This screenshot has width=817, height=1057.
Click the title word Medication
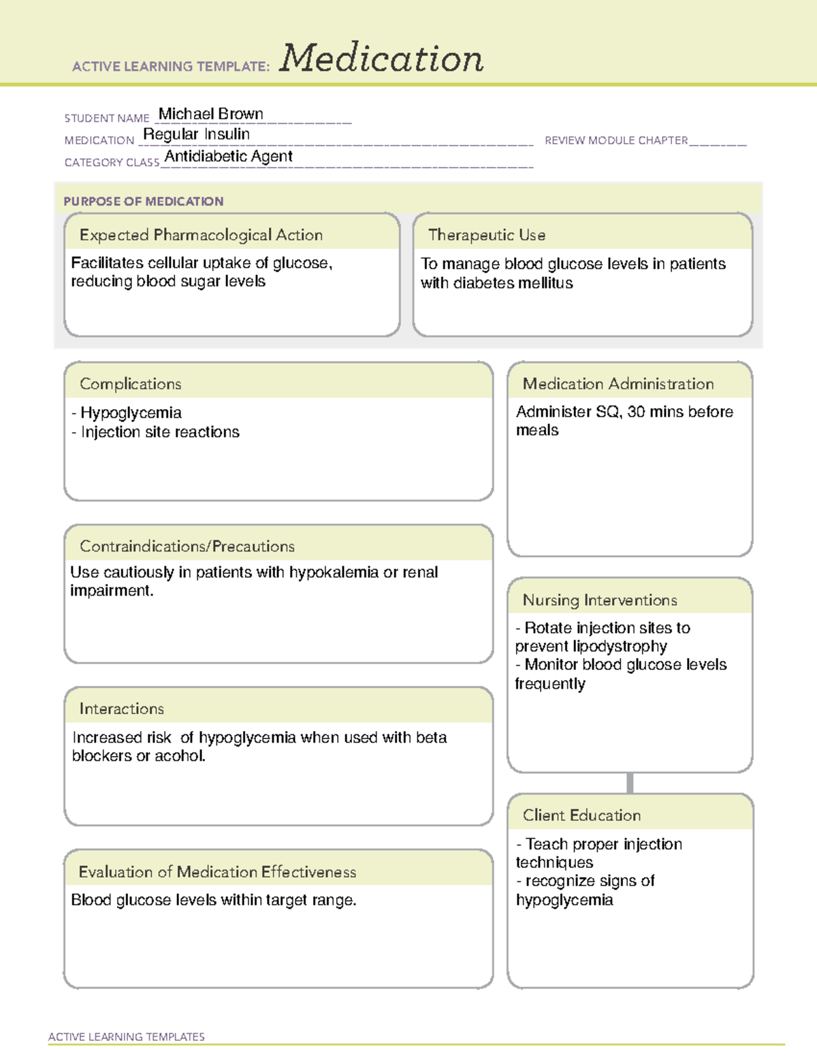(381, 59)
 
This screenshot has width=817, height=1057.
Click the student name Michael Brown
(210, 114)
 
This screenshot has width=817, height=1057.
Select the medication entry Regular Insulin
(196, 134)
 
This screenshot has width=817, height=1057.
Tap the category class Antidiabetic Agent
(228, 157)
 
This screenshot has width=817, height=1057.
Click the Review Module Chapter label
(615, 140)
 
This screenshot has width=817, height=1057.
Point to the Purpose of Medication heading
(143, 201)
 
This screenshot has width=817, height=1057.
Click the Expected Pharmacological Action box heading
(201, 235)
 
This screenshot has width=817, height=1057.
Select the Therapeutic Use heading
(486, 235)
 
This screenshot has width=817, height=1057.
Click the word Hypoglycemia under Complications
(131, 412)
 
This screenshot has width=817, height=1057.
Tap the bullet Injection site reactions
(160, 432)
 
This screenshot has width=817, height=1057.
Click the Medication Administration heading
(618, 384)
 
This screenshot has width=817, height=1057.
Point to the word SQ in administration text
(607, 412)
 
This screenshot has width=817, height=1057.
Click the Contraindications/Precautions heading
(187, 546)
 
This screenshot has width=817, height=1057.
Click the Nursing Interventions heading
(599, 600)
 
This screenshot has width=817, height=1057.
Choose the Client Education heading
(581, 815)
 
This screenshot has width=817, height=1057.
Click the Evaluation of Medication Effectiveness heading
(217, 872)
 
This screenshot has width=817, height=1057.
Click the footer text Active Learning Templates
(126, 1037)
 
